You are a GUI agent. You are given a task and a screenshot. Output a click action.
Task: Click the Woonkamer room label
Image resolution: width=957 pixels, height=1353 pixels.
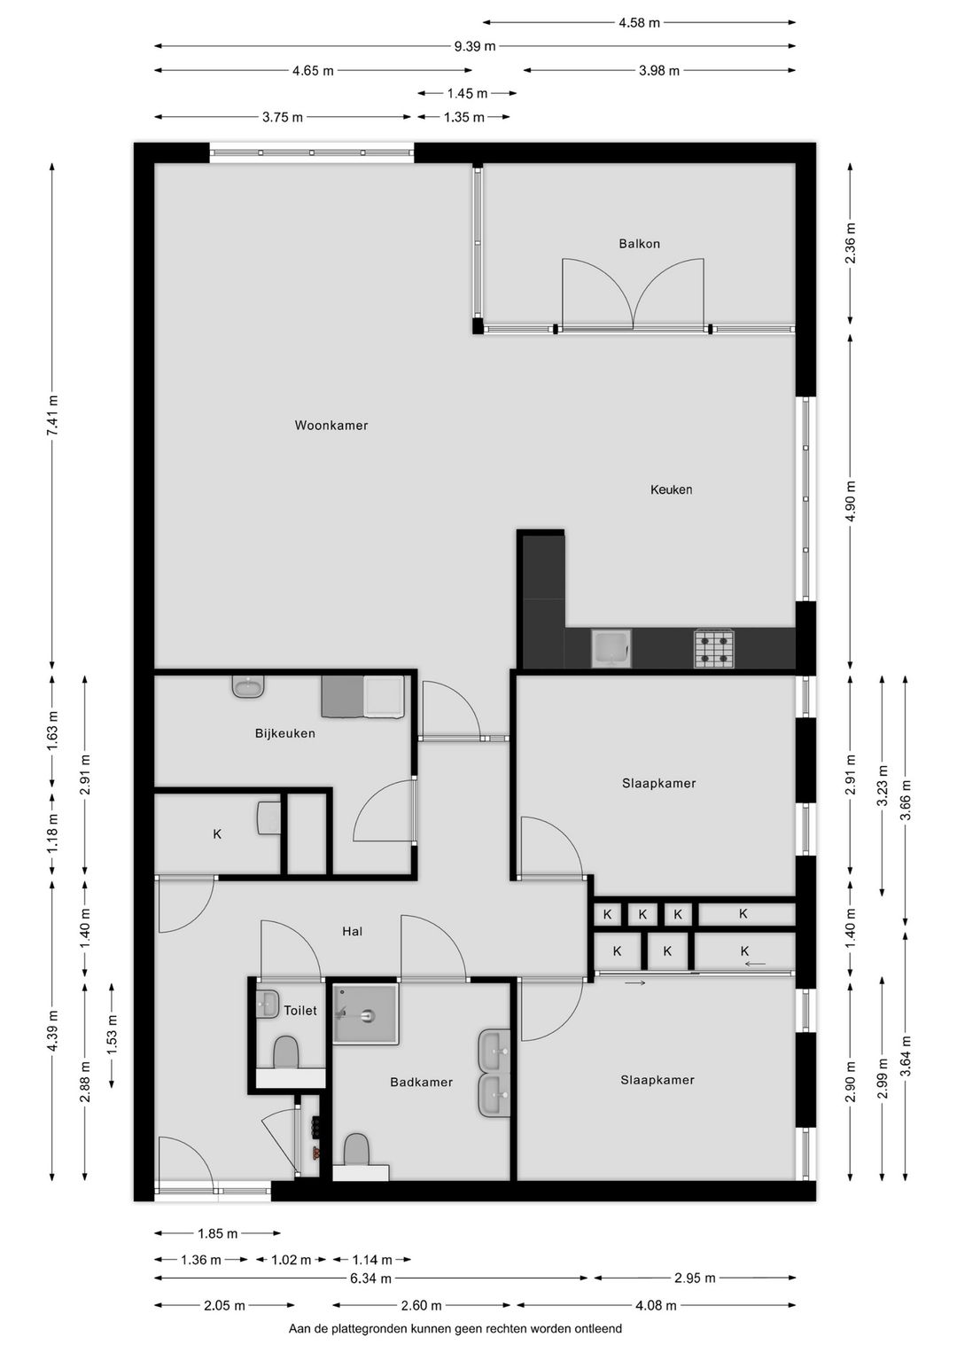331,426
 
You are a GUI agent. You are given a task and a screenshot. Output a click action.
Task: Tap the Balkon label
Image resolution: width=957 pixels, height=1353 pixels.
639,244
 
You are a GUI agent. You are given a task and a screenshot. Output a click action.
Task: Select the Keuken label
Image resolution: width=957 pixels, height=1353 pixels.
671,489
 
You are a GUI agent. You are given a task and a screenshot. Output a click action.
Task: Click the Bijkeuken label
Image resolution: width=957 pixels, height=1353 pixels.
284,733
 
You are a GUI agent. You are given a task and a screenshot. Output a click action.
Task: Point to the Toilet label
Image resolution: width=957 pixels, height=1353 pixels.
300,1011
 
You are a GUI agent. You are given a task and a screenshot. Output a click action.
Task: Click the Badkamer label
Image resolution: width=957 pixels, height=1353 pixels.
421,1083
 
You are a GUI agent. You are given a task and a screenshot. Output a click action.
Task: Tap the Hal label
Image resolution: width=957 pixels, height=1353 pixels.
353,931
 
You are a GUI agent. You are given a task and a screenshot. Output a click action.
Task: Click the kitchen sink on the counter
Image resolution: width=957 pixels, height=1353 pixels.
611,648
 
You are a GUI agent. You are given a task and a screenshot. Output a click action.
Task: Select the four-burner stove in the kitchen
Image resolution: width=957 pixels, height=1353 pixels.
713,648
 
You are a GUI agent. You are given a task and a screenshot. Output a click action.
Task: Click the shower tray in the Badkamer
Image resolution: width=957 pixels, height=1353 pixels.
365,1013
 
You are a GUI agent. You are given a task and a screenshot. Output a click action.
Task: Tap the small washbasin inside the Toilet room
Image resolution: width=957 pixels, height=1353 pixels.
267,1004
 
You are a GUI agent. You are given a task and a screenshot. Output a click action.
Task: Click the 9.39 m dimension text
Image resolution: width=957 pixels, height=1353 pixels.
475,47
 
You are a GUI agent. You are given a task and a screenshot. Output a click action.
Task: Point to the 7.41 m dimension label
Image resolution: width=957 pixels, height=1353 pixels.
52,415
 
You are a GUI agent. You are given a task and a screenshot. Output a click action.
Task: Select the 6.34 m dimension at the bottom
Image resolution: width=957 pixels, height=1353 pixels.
370,1279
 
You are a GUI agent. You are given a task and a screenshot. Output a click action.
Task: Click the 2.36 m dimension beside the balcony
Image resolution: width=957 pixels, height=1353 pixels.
851,243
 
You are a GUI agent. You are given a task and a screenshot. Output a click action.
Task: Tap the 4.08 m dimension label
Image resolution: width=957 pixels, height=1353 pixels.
657,1306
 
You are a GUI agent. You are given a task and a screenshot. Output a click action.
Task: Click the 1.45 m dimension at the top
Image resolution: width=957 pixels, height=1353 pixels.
467,93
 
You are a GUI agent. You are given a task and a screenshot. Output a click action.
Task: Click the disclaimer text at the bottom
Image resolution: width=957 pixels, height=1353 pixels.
455,1329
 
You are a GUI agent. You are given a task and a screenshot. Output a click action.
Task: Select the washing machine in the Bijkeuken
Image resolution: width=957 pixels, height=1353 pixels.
384,697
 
